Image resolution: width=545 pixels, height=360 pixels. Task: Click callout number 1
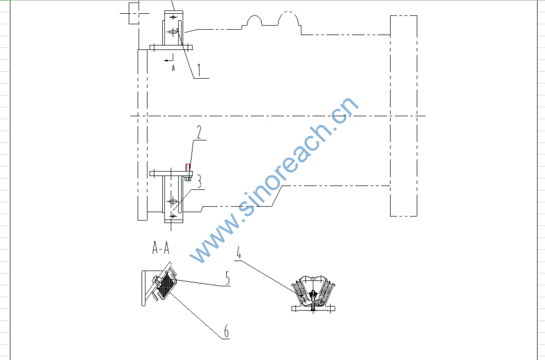[199, 70]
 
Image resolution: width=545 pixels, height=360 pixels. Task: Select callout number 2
[199, 132]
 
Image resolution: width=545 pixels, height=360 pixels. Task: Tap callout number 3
[199, 181]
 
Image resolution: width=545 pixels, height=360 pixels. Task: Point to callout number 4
[239, 253]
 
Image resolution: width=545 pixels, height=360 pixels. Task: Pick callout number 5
[227, 278]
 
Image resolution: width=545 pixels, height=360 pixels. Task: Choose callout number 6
[226, 331]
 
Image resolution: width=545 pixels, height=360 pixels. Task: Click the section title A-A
[161, 248]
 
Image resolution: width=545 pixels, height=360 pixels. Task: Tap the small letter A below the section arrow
[174, 69]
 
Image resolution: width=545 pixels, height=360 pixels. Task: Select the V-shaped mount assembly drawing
[313, 294]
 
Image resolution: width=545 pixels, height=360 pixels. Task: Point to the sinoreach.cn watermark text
[275, 180]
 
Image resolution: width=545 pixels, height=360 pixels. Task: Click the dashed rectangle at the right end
[403, 116]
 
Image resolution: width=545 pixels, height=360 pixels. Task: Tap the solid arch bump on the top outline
[254, 21]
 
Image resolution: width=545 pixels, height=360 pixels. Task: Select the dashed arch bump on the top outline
[288, 19]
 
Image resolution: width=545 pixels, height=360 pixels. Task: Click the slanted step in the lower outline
[277, 196]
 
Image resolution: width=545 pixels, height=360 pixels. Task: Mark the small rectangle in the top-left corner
[134, 13]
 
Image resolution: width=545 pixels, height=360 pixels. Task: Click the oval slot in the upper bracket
[173, 32]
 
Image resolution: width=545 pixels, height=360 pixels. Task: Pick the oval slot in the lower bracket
[173, 201]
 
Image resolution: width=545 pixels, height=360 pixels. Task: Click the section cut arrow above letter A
[169, 60]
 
